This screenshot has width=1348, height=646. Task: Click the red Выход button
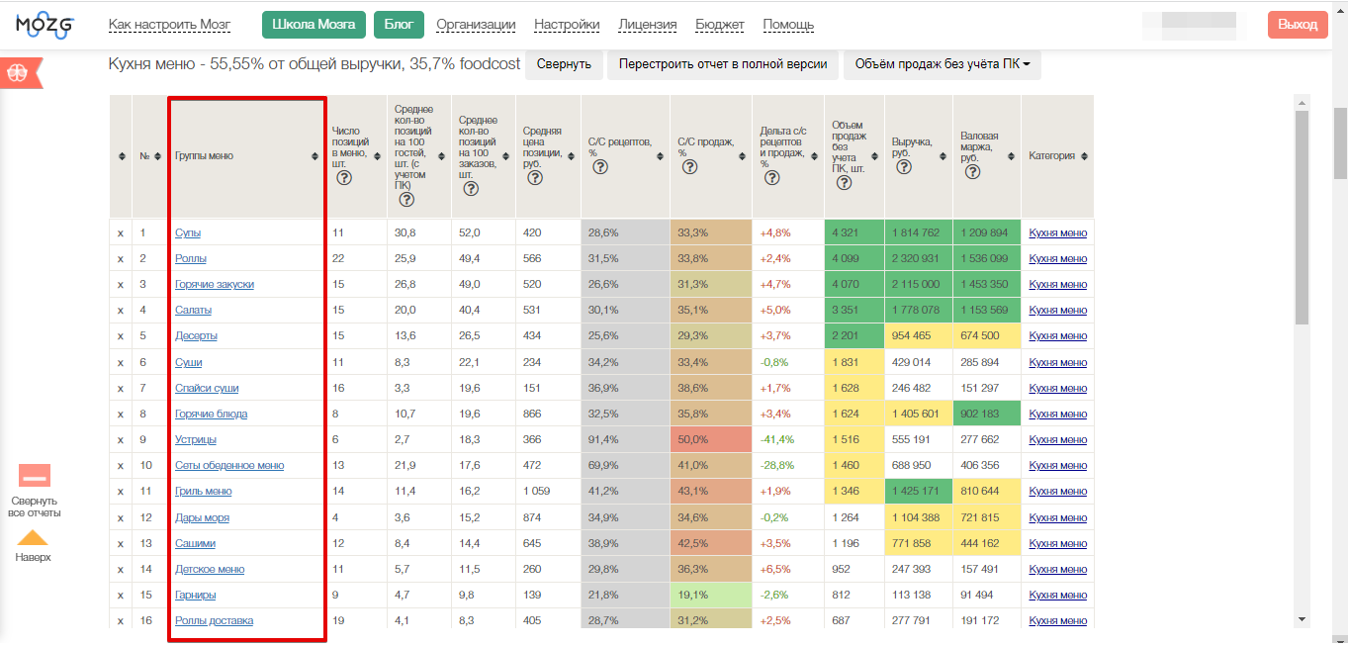[1298, 25]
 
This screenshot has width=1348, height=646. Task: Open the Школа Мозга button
[314, 25]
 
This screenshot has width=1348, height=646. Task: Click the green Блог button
[399, 25]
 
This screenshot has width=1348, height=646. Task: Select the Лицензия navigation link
[648, 25]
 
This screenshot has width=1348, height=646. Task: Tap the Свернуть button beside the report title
[564, 64]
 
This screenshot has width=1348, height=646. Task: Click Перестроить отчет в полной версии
[723, 64]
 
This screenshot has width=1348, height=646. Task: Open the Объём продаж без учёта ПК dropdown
[943, 64]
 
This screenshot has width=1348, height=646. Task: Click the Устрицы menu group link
[196, 439]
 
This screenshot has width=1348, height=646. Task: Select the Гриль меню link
[204, 492]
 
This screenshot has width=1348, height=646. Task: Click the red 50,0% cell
[711, 439]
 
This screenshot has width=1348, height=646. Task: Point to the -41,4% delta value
[777, 439]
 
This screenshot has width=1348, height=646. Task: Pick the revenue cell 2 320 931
[916, 258]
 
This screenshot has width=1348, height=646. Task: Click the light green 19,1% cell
[711, 595]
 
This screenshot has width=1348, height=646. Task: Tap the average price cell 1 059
[536, 492]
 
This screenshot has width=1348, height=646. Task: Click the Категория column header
[1051, 156]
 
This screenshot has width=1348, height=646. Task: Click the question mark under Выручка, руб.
[903, 167]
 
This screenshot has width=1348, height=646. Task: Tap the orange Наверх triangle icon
[33, 537]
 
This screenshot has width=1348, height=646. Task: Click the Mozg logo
[45, 25]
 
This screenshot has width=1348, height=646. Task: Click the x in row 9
[121, 440]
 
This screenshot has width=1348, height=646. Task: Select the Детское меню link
[210, 569]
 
